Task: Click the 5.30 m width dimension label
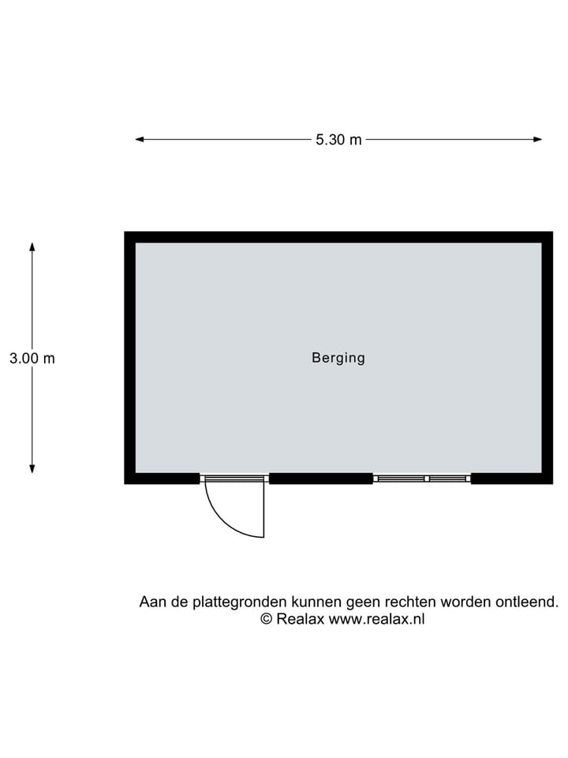click(338, 140)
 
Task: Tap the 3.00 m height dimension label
click(32, 358)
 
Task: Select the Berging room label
click(338, 358)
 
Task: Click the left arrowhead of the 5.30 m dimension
click(140, 139)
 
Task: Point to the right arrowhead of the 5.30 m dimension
click(537, 139)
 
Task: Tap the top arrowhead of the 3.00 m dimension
click(32, 247)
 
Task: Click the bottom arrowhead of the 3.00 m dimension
click(32, 468)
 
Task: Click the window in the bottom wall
click(422, 478)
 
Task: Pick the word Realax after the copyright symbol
click(300, 619)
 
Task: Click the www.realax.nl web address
click(377, 619)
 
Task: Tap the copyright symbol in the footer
click(267, 619)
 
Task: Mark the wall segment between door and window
click(321, 478)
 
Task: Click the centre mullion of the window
click(427, 478)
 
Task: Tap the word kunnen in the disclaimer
click(316, 602)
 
